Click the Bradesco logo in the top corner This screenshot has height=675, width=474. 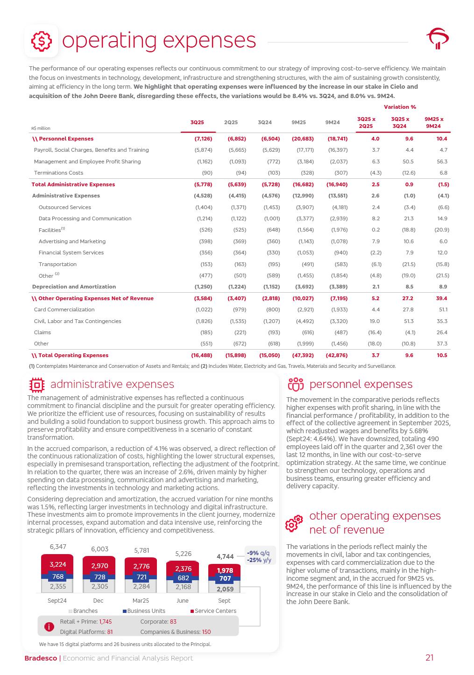click(437, 39)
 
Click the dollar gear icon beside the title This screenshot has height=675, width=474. click(42, 41)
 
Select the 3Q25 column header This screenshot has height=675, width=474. click(197, 122)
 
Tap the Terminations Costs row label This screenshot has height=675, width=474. click(58, 173)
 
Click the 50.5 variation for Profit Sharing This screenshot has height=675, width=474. click(408, 162)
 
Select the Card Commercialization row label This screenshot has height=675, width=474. click(64, 309)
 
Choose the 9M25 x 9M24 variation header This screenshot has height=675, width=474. click(434, 122)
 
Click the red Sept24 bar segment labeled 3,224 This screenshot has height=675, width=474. click(57, 564)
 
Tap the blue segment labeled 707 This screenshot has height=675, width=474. click(225, 578)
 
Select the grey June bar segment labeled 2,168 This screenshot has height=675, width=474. click(183, 587)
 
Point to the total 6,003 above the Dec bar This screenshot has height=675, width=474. click(99, 549)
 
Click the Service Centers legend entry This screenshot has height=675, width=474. click(215, 611)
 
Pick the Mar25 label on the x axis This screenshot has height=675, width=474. click(141, 601)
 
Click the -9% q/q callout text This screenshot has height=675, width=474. click(258, 553)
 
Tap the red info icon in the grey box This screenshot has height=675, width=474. click(49, 627)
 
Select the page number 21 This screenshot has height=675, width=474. click(429, 658)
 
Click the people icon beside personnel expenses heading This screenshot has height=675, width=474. click(296, 385)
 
